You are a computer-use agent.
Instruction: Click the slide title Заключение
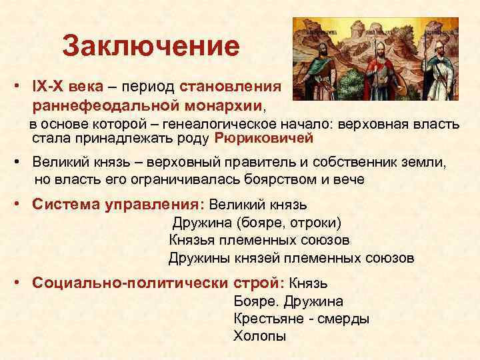click(x=150, y=47)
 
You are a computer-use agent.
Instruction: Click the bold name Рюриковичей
click(x=264, y=139)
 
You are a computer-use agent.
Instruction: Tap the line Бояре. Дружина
click(x=288, y=301)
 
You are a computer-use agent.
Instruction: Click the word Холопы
click(x=259, y=335)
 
